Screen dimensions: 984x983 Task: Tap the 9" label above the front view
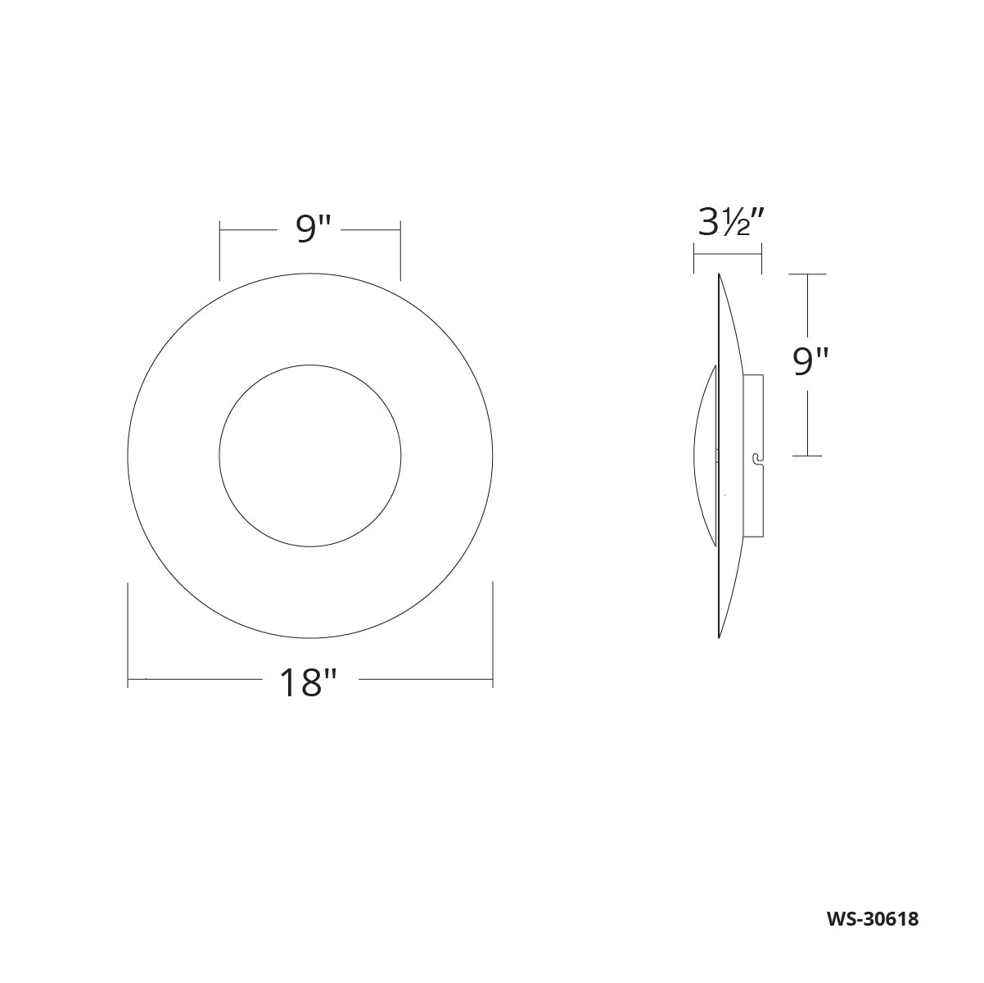pyautogui.click(x=314, y=229)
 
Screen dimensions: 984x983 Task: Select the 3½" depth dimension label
pyautogui.click(x=730, y=224)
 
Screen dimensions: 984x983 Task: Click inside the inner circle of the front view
pyautogui.click(x=310, y=455)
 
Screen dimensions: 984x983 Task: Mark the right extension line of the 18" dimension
pyautogui.click(x=493, y=634)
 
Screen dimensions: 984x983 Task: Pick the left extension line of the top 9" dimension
pyautogui.click(x=219, y=251)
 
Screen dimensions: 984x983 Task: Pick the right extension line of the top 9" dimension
pyautogui.click(x=400, y=251)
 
